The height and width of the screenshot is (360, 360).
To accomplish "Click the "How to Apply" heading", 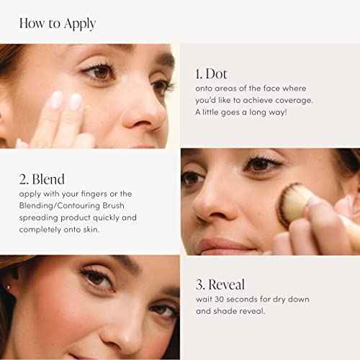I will click(x=58, y=23).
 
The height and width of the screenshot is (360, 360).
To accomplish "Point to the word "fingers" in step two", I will click(x=105, y=193).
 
